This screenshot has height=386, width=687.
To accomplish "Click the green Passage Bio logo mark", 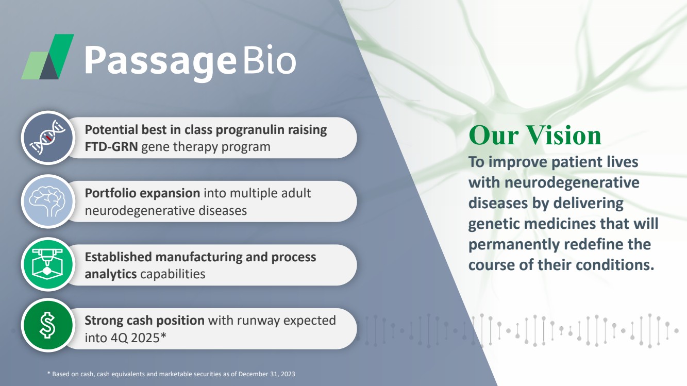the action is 47,57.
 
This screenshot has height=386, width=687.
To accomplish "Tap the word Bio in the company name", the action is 270,59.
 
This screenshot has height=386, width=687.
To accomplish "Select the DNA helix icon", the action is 48,138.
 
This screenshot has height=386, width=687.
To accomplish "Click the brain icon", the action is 48,202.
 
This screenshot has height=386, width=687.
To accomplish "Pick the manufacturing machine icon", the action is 48,264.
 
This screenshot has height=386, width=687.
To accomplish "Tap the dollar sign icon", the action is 48,325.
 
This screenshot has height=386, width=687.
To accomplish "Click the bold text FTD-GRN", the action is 111,147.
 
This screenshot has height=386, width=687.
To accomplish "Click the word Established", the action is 118,257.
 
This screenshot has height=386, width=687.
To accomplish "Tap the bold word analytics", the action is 111,274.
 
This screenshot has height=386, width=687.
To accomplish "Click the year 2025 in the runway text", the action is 145,338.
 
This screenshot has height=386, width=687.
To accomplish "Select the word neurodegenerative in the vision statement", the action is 572,183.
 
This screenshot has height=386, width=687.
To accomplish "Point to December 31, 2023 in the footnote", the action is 266,374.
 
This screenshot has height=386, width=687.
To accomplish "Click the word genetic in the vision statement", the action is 493,224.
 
